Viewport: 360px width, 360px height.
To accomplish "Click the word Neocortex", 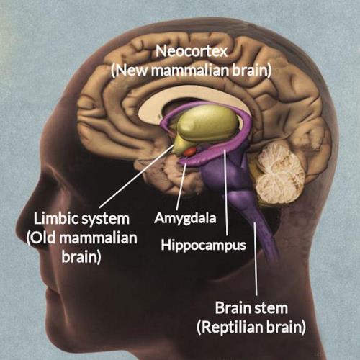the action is point(192,51).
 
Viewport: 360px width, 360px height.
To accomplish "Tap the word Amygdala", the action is point(185,219).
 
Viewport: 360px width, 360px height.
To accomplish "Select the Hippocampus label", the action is point(204,246).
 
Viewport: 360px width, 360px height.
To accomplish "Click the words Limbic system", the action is point(81,220).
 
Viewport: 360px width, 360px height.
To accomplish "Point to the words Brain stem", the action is point(251,308).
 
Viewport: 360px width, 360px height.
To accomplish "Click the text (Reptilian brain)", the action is point(251,328).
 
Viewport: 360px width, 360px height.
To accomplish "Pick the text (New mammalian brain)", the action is point(192,71).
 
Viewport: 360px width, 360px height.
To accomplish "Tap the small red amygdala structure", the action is point(190,151).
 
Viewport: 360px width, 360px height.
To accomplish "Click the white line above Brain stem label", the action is point(255,258).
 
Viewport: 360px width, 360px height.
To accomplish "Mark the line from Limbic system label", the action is point(136,176).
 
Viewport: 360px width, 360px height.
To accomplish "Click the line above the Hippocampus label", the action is point(225,192).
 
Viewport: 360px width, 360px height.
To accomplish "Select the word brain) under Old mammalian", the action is point(81,258).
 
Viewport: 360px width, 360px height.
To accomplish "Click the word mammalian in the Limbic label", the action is point(98,238).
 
